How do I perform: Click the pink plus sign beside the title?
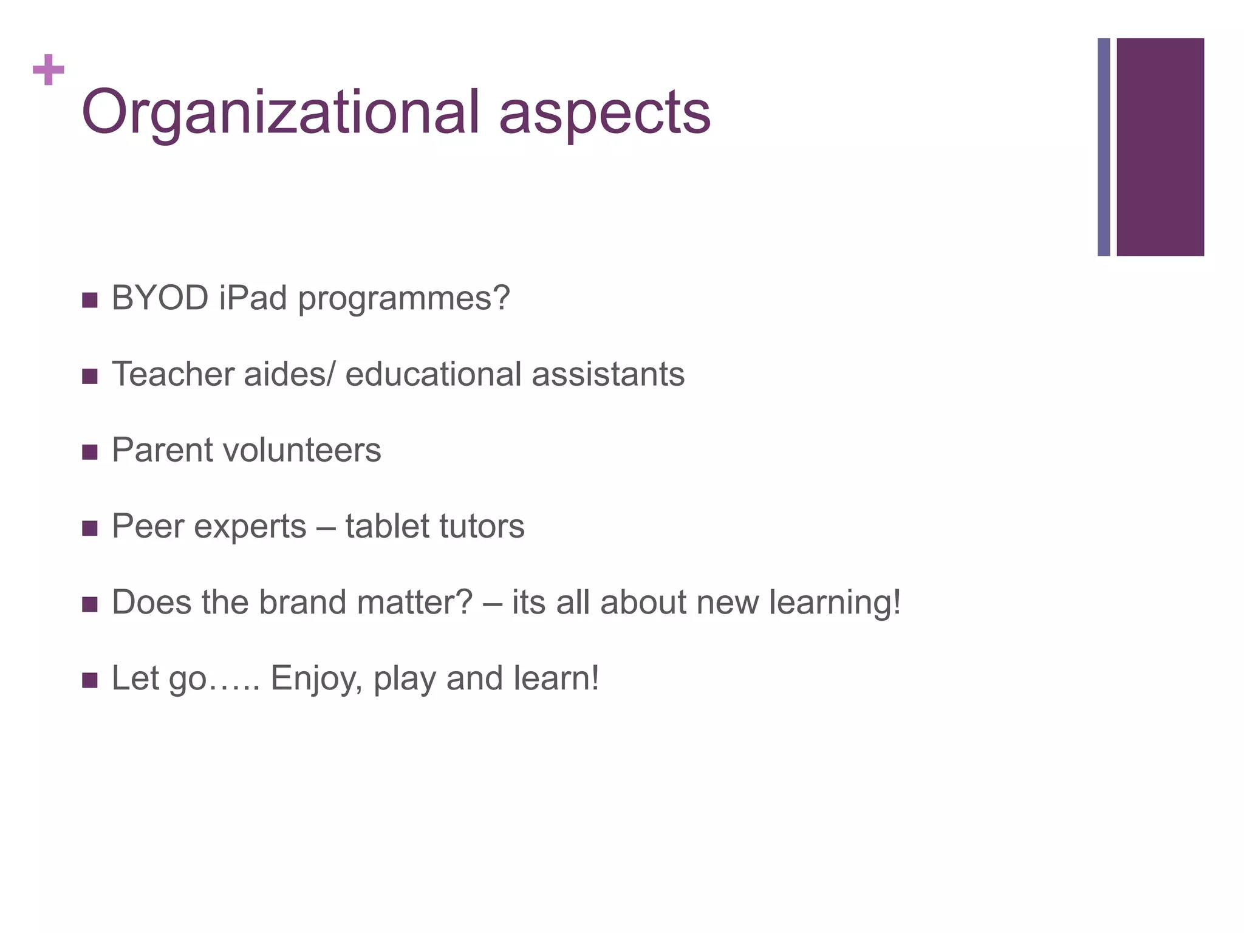49,70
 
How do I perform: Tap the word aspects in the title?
604,114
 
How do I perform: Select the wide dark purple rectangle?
1160,147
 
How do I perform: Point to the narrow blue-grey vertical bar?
1104,147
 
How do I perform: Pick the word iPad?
253,298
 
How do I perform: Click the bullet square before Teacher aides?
90,377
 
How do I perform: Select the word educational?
433,374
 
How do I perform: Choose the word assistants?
608,374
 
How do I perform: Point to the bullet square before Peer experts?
90,528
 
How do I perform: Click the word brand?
302,602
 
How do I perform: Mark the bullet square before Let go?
90,680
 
